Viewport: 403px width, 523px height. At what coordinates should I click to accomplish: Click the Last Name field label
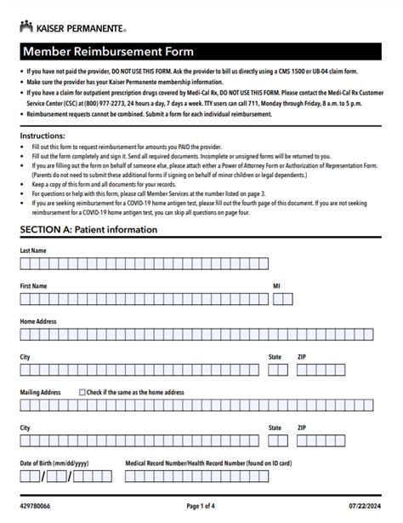point(33,250)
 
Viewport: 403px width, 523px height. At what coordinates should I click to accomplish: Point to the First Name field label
point(33,286)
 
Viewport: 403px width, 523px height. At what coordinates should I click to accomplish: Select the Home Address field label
point(38,321)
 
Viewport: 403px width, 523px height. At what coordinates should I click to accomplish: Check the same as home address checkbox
point(82,393)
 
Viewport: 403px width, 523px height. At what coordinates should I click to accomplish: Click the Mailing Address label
point(41,393)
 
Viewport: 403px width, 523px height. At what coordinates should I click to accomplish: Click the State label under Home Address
point(275,357)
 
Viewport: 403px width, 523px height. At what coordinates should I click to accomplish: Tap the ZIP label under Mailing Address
point(302,428)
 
